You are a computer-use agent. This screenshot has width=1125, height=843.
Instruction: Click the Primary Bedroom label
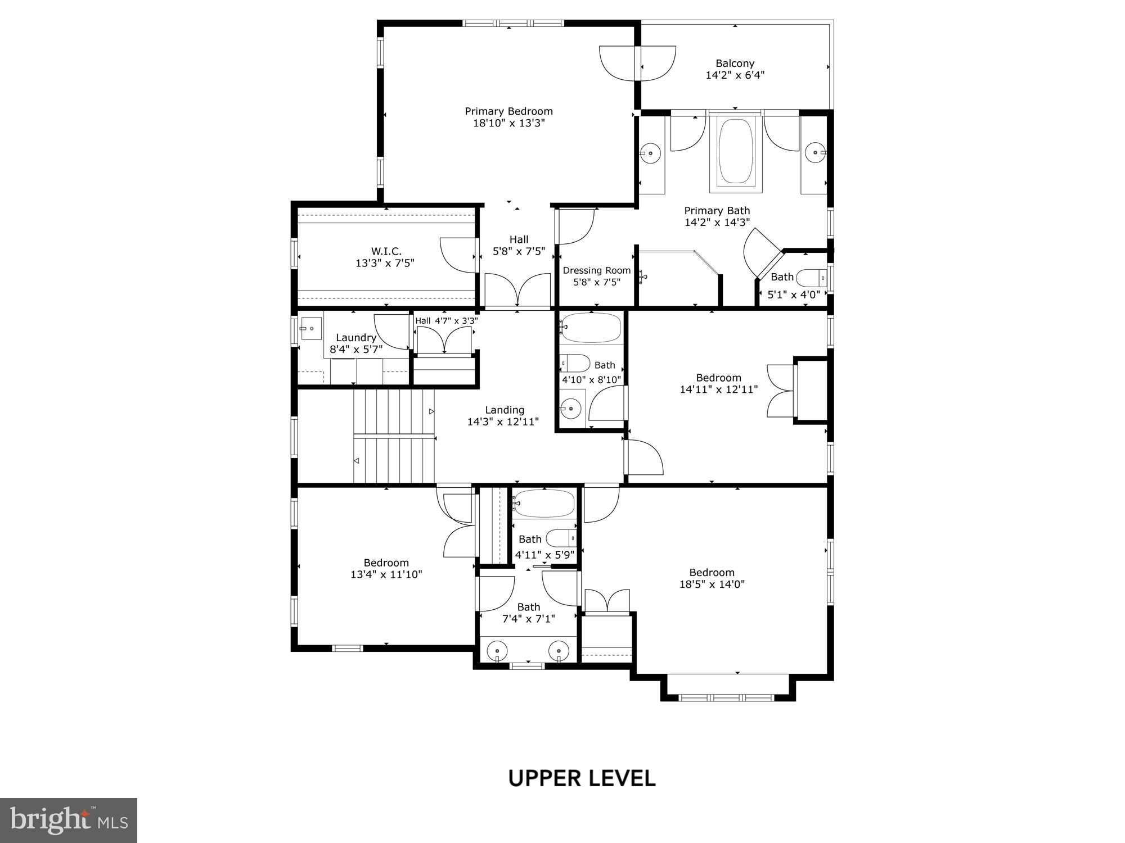508,111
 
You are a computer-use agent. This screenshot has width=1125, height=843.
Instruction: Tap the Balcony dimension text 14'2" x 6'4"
735,75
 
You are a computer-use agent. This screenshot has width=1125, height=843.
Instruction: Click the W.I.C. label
386,251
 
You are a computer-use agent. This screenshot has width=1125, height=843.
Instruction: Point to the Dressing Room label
596,270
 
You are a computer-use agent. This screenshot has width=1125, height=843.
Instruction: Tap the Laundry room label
355,338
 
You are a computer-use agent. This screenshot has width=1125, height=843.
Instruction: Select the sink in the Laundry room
310,328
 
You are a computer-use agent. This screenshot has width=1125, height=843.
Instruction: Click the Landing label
504,410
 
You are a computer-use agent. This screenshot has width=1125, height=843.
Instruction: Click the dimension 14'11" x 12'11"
718,389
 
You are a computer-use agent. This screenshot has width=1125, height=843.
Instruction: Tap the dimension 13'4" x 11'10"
386,574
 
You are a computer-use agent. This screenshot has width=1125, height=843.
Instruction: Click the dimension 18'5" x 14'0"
712,584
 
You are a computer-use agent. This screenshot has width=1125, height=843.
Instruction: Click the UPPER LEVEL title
582,778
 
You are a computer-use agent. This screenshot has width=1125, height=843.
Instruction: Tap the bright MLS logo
69,820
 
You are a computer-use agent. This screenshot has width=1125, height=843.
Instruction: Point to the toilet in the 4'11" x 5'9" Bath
561,538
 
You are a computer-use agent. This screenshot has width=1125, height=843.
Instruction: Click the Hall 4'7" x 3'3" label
446,321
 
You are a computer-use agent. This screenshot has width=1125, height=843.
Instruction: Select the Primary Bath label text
717,211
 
